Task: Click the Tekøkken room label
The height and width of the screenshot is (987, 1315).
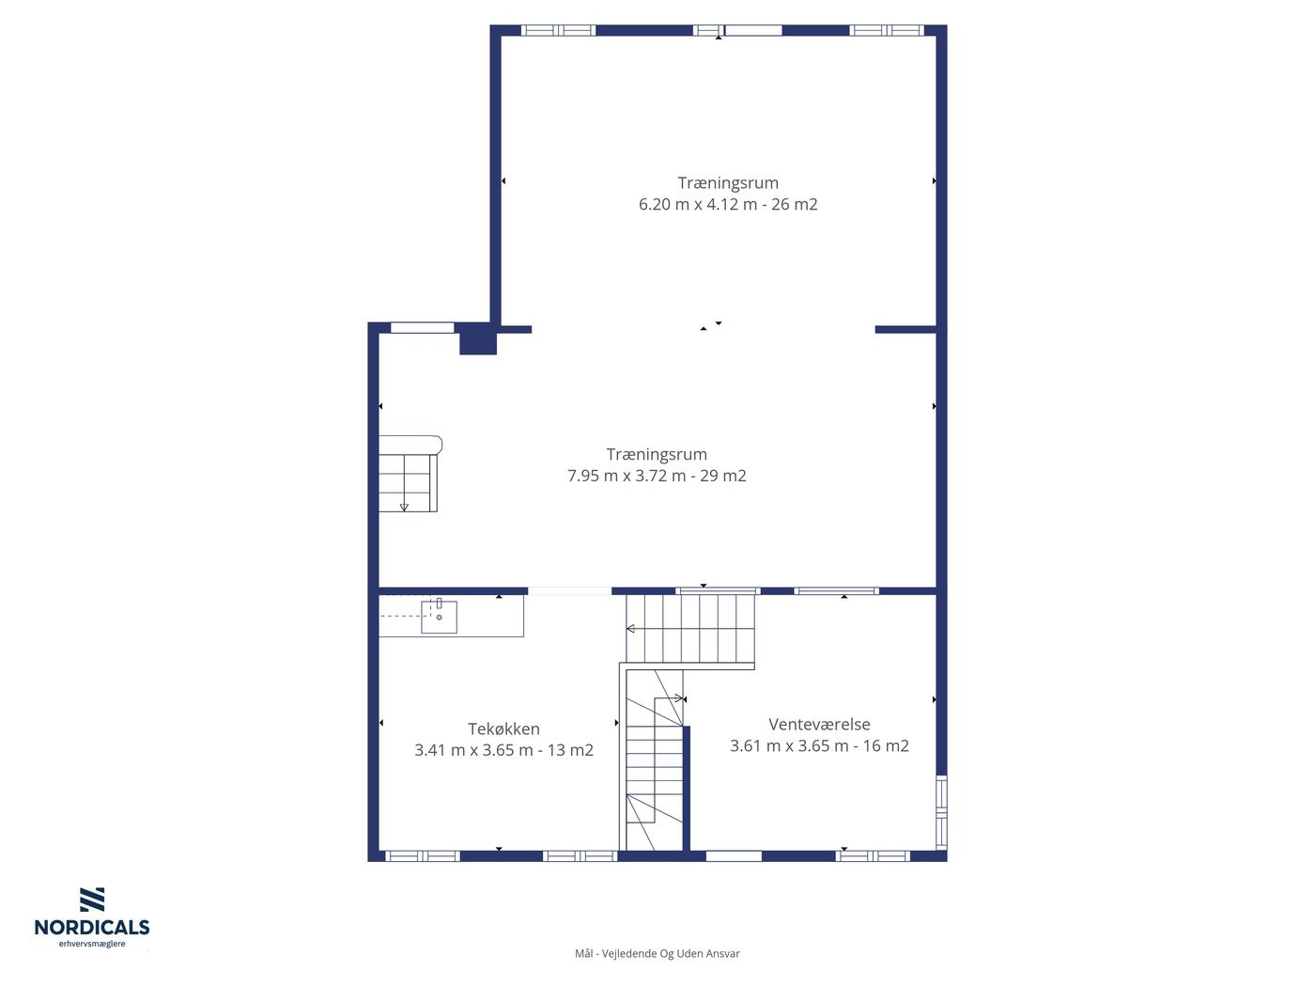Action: click(x=503, y=728)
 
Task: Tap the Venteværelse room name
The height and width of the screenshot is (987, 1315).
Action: click(x=819, y=724)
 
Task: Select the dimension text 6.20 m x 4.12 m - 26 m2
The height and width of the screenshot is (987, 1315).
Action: click(x=728, y=204)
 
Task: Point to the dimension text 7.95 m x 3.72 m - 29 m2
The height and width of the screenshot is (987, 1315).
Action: click(x=657, y=476)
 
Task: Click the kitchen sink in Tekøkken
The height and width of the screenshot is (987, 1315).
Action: click(x=440, y=617)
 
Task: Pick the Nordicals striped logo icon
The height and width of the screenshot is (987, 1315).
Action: click(x=92, y=900)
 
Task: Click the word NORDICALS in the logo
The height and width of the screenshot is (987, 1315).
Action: click(x=92, y=927)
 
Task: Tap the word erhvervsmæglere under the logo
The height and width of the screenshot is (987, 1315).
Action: click(x=92, y=944)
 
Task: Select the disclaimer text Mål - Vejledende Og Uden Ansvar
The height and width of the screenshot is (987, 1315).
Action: click(x=657, y=953)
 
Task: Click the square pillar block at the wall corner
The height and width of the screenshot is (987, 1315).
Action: click(x=477, y=339)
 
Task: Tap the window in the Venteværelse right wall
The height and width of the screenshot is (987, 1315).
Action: click(x=941, y=812)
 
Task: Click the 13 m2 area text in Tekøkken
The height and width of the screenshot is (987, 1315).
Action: click(x=570, y=750)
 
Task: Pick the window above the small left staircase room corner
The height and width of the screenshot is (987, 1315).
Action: click(x=423, y=328)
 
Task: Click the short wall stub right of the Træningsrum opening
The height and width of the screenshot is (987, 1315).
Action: click(x=905, y=330)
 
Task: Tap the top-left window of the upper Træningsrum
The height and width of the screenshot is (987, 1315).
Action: click(x=558, y=31)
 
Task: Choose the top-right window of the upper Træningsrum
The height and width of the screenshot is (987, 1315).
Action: click(x=887, y=31)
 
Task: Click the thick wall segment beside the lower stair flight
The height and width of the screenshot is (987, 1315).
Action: click(x=687, y=788)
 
